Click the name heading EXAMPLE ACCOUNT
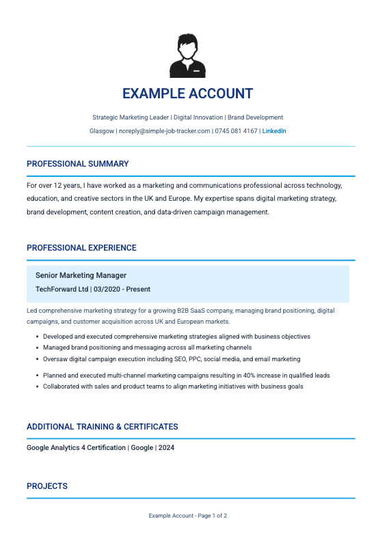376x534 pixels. coord(187,94)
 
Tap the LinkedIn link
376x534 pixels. coord(274,130)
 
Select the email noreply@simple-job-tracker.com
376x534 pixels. coord(164,130)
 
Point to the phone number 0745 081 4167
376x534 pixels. coord(236,130)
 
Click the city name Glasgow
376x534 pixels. coord(102,130)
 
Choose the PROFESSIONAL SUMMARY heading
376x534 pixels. coord(77,164)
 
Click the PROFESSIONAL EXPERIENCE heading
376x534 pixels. coord(81,248)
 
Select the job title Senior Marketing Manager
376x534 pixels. coord(81,275)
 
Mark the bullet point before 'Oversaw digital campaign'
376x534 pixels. coord(36,359)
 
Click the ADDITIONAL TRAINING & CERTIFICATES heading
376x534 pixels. coord(102,427)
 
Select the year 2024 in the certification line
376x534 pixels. coord(176,448)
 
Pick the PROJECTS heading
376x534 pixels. coord(47,486)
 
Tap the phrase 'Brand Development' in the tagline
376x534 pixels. coord(255,117)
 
